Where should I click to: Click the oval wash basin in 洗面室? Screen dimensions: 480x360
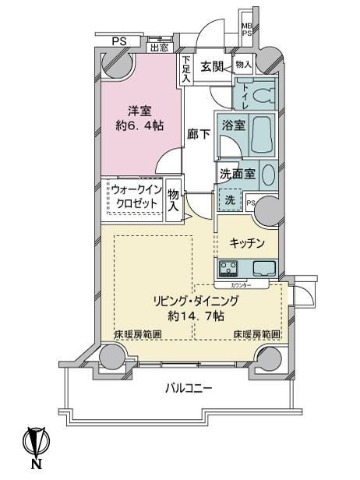click(x=268, y=174)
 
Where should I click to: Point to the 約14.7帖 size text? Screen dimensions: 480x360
click(x=195, y=316)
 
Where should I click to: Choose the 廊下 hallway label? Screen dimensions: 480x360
click(x=198, y=133)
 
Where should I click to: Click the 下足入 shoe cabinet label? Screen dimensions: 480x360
click(x=187, y=69)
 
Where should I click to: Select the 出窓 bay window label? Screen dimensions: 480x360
click(x=159, y=47)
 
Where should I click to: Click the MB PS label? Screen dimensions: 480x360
click(x=246, y=29)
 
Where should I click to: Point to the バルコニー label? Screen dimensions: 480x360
click(x=189, y=388)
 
